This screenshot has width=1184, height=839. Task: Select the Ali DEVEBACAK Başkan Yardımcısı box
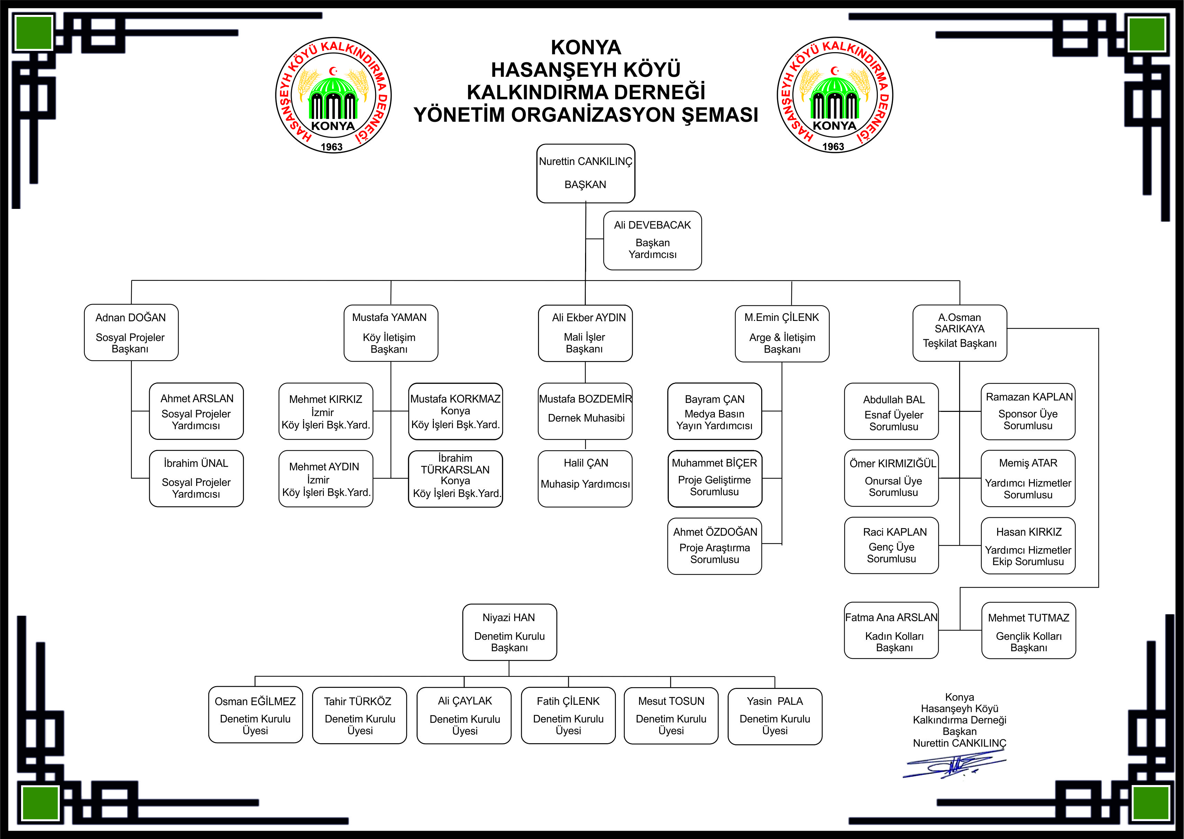click(x=652, y=240)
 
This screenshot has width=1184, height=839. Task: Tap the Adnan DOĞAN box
click(x=131, y=332)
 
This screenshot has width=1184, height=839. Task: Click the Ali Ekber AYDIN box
click(x=585, y=333)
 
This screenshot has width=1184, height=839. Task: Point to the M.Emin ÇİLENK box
click(x=782, y=333)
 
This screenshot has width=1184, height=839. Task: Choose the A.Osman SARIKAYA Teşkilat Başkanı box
click(x=960, y=333)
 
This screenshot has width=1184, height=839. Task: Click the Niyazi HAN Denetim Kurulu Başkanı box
click(x=510, y=632)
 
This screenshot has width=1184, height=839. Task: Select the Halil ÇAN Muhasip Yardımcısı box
click(x=585, y=478)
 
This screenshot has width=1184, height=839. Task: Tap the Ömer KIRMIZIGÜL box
click(x=892, y=478)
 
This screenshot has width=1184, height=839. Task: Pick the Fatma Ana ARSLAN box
click(x=892, y=630)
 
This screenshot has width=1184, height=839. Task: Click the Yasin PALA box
click(x=775, y=716)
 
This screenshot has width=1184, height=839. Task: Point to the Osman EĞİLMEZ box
click(x=255, y=715)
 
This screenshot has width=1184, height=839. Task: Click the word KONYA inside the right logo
click(x=834, y=126)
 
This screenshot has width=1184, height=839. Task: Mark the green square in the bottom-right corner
click(x=1150, y=803)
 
